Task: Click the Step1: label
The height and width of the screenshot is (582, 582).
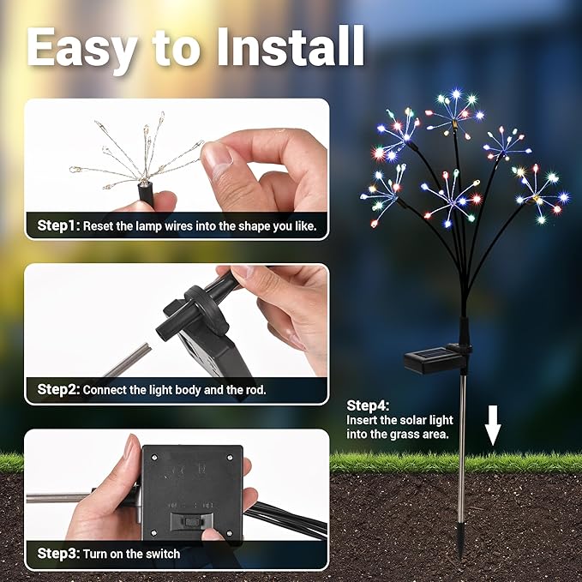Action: point(58,226)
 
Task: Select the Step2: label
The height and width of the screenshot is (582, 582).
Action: point(58,389)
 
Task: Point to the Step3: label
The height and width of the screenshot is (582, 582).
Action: point(58,554)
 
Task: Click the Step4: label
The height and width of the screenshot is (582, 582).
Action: point(368,405)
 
